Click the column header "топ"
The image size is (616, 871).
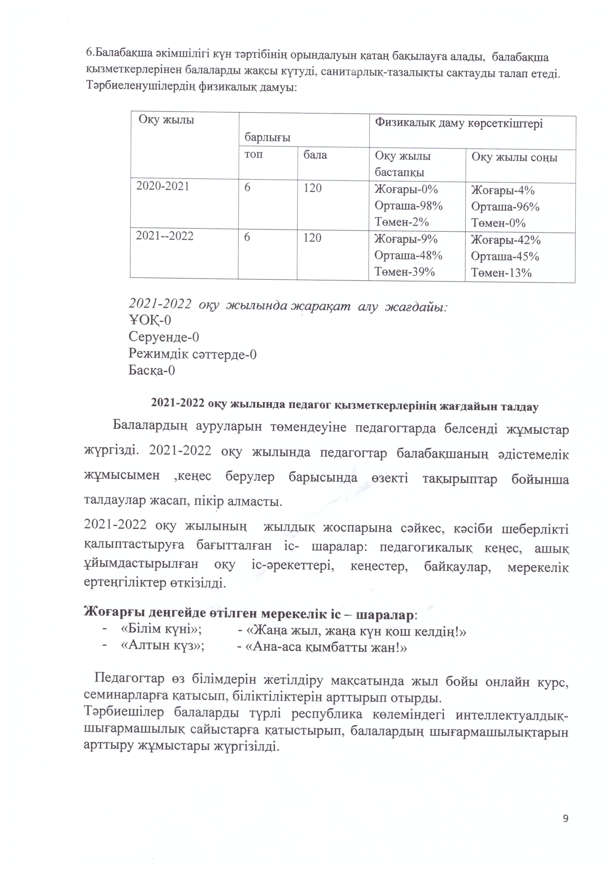tap(254, 154)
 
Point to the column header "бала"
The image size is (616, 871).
tap(315, 155)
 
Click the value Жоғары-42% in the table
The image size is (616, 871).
tap(506, 240)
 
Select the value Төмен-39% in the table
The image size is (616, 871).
tap(404, 272)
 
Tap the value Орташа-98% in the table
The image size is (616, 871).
tap(408, 206)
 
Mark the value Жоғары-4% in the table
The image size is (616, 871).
tap(503, 190)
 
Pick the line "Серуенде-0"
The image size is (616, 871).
tap(164, 337)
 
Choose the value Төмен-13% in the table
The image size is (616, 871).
tap(501, 273)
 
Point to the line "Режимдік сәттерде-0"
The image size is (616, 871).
tap(192, 354)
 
